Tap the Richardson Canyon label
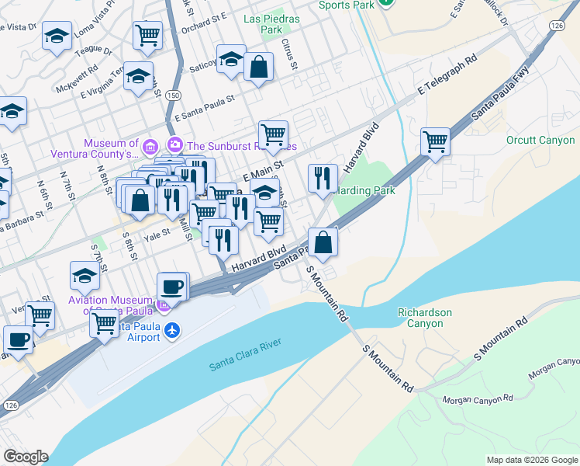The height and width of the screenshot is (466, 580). click(424, 317)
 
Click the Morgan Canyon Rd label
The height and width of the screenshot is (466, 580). click(478, 399)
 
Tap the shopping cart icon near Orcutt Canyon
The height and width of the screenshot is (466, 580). click(436, 141)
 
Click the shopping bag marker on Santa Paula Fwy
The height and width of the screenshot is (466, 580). click(323, 242)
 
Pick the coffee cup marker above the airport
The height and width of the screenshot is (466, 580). click(172, 287)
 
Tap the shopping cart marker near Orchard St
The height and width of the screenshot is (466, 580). click(147, 35)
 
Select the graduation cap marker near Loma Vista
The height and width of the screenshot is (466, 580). click(57, 37)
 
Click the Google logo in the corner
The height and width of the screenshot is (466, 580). click(26, 457)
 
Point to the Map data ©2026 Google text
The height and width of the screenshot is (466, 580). click(531, 460)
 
